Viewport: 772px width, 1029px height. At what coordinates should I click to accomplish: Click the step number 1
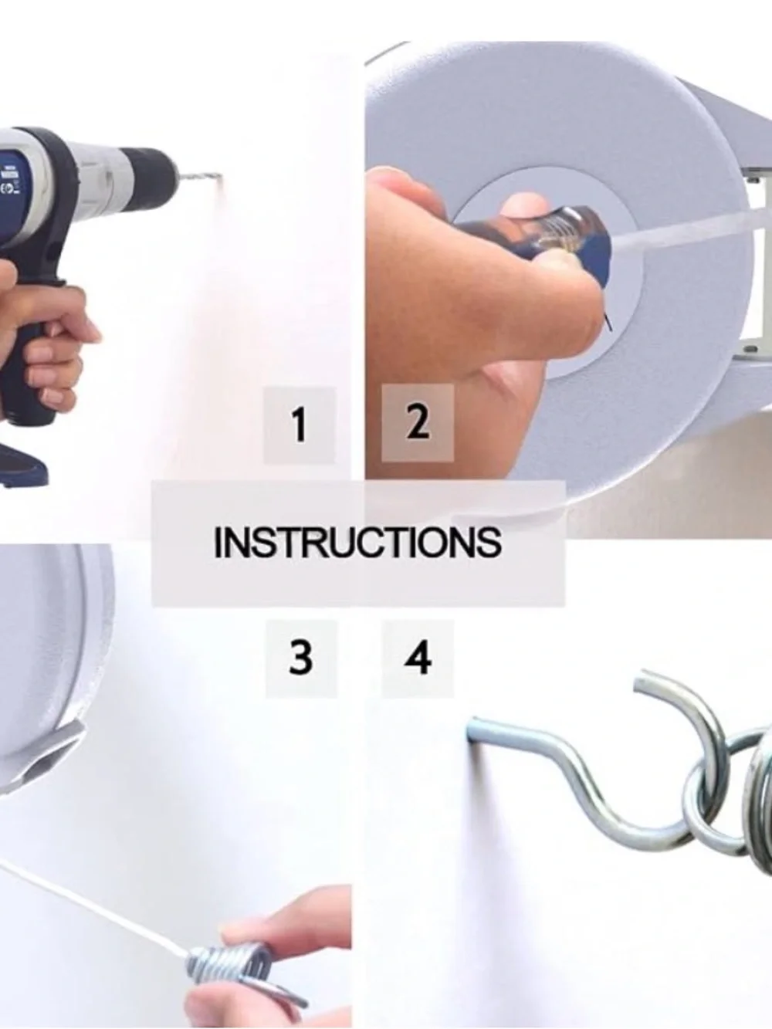(299, 425)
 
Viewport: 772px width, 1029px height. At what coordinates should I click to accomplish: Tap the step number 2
(418, 422)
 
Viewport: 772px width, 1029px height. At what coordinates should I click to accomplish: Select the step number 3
(301, 658)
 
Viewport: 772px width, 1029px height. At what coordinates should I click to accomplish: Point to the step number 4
(418, 658)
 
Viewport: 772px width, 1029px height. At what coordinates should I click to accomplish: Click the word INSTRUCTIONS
(357, 543)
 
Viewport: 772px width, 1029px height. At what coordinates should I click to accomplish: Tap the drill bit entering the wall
(200, 177)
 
